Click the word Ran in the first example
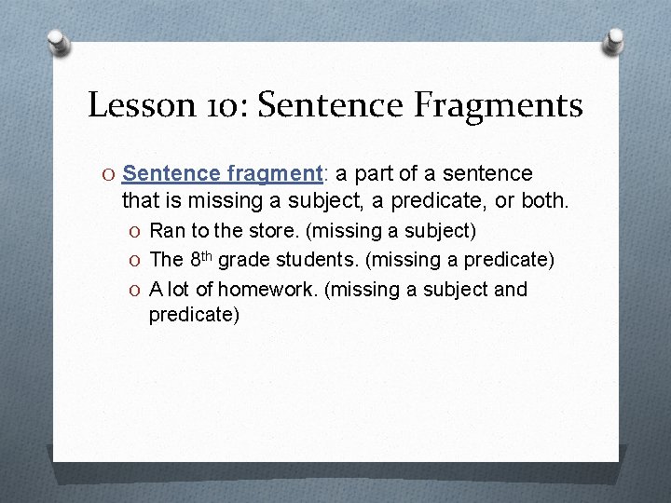click(166, 230)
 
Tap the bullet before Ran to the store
click(136, 231)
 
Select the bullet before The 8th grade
click(136, 260)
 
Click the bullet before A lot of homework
click(136, 290)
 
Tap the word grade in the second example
click(240, 260)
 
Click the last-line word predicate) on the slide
click(194, 315)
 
